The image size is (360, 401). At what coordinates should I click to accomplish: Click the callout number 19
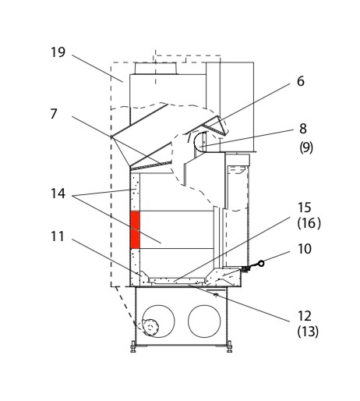(x=58, y=52)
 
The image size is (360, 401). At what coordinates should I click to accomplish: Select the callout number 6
(x=301, y=81)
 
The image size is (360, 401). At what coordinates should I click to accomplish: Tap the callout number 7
(x=54, y=114)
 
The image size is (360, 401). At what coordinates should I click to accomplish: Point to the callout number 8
(x=303, y=129)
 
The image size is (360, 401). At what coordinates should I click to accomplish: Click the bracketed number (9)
(x=306, y=147)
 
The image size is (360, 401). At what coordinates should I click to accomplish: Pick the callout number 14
(x=58, y=193)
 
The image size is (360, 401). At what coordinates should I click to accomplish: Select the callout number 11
(x=58, y=236)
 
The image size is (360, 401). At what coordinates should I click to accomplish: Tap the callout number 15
(x=304, y=208)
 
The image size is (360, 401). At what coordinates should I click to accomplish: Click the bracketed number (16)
(x=309, y=223)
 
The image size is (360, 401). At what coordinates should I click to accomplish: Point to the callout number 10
(x=305, y=249)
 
